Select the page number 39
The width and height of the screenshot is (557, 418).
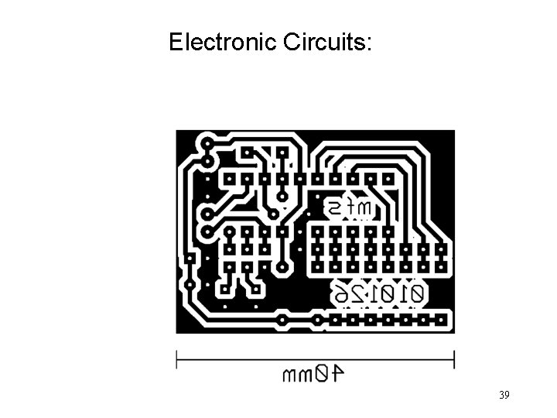point(504,396)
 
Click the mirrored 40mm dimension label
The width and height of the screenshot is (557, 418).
point(314,375)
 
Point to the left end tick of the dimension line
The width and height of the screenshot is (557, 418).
point(177,358)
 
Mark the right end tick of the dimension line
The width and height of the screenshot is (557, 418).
point(453,358)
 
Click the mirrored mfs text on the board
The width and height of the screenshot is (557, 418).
point(349,207)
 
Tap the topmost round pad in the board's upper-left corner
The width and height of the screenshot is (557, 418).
point(207,143)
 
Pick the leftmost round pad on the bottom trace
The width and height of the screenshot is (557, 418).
point(283,318)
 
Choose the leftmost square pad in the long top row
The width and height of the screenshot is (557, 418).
point(230,178)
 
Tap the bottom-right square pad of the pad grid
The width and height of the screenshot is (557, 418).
point(442,267)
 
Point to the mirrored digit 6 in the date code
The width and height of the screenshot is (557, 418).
point(341,293)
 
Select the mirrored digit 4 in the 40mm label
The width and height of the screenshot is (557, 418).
point(337,375)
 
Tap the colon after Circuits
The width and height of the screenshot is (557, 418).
point(369,44)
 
